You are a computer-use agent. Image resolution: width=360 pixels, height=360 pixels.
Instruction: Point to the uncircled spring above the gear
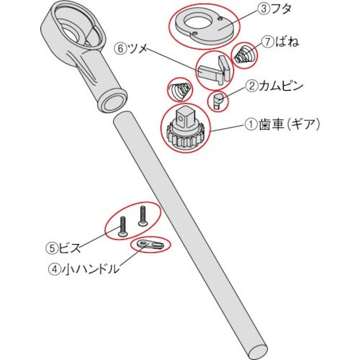click(x=179, y=90)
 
